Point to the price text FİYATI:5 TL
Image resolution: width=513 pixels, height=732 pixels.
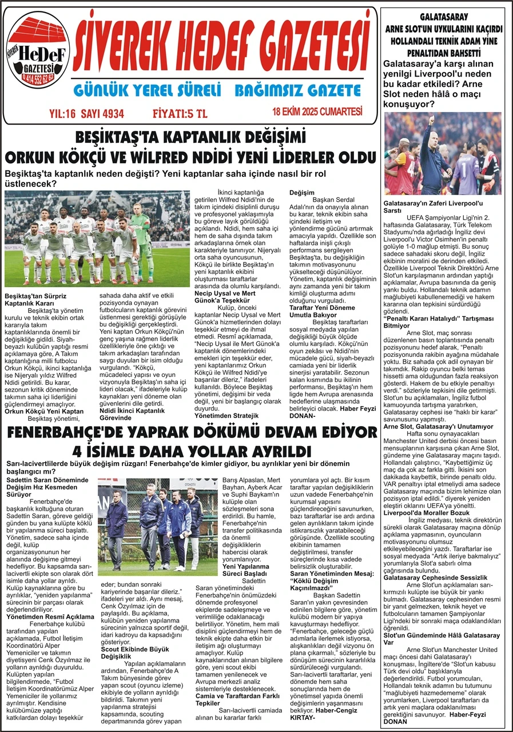coord(180,113)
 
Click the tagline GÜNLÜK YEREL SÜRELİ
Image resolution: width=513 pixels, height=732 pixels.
coord(147,90)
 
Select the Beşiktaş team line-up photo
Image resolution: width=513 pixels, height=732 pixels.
coord(97,238)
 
